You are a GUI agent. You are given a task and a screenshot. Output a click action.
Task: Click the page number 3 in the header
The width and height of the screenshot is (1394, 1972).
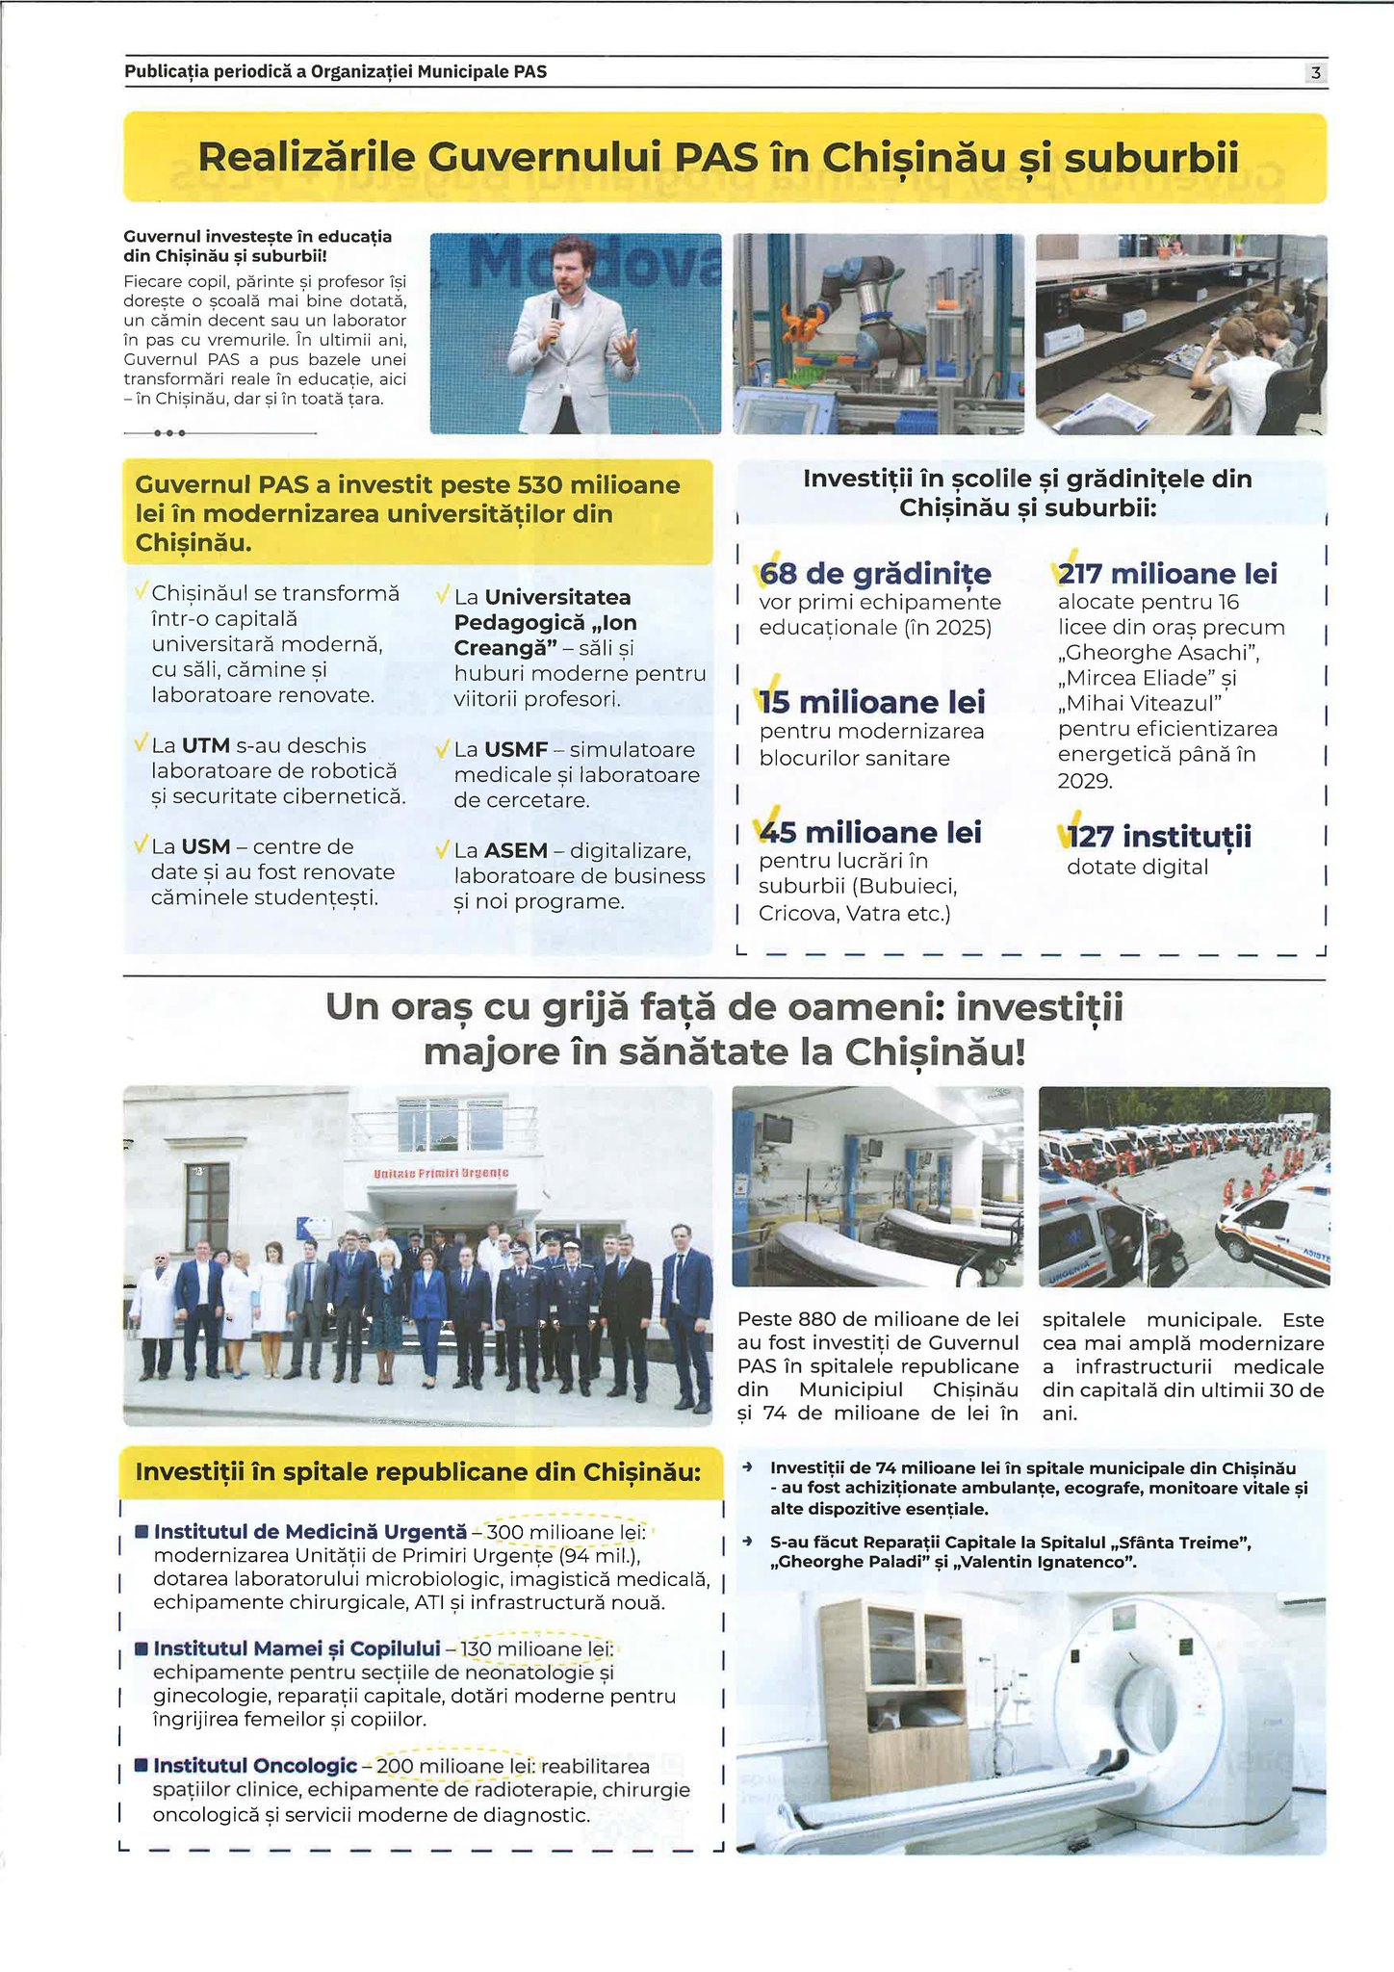coord(1315,72)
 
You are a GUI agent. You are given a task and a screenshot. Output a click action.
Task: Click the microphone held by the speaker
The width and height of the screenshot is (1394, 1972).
coord(555,314)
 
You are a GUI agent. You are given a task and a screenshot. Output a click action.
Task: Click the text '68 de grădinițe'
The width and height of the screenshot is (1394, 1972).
coord(874,574)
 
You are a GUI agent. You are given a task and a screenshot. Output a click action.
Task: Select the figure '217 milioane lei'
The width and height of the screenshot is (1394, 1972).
coord(1167,574)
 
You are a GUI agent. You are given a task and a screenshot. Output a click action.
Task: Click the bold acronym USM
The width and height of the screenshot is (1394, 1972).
coord(205,847)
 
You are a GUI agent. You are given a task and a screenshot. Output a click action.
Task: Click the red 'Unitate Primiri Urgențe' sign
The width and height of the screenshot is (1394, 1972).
coord(441,1174)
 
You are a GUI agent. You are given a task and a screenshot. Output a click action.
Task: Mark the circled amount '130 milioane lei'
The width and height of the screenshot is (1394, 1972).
coord(543,1649)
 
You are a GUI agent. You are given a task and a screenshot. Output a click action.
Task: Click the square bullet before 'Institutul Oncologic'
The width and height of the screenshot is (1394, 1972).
coord(141,1766)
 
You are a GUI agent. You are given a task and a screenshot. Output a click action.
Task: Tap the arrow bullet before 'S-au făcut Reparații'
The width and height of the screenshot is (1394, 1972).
coord(747,1542)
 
